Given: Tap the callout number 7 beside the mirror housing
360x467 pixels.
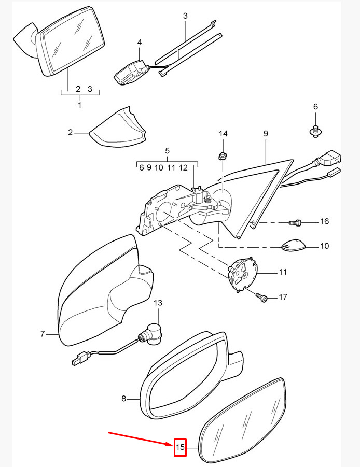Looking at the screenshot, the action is pyautogui.click(x=43, y=334).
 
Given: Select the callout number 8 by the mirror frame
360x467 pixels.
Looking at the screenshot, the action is pyautogui.click(x=124, y=398).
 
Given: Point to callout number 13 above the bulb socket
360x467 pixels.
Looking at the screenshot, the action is pyautogui.click(x=158, y=303).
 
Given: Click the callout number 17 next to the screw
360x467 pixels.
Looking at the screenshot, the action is pyautogui.click(x=283, y=296).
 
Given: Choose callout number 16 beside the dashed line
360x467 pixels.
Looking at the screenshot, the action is pyautogui.click(x=324, y=221).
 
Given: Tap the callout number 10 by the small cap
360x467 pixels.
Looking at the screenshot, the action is pyautogui.click(x=324, y=246).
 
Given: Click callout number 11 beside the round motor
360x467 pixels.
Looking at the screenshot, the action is pyautogui.click(x=283, y=272).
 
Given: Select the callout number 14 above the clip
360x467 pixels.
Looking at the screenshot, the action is pyautogui.click(x=223, y=134).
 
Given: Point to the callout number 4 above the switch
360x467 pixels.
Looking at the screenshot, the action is pyautogui.click(x=140, y=43).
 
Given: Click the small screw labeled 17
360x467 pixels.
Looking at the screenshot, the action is pyautogui.click(x=261, y=296).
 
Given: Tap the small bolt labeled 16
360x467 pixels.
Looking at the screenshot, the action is pyautogui.click(x=295, y=222).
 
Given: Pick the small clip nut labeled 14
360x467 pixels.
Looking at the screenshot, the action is pyautogui.click(x=222, y=156).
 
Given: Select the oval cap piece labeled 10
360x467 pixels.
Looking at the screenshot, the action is pyautogui.click(x=294, y=245).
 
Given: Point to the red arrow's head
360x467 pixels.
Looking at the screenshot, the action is pyautogui.click(x=171, y=436).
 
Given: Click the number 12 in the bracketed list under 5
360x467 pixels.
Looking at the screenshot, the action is pyautogui.click(x=183, y=168).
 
